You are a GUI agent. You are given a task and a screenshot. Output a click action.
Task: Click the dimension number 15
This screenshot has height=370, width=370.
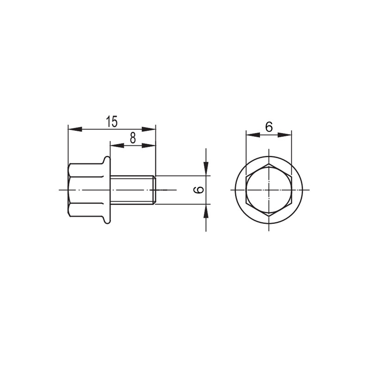tap(111, 122)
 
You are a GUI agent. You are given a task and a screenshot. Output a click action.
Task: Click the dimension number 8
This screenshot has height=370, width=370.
tap(133, 138)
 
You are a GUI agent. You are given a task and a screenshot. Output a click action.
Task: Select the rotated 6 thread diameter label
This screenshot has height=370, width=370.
tap(199, 190)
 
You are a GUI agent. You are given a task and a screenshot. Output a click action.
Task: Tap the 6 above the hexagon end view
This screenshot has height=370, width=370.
tap(269, 127)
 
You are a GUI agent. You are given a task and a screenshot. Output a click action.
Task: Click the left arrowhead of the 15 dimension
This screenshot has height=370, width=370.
tap(75, 129)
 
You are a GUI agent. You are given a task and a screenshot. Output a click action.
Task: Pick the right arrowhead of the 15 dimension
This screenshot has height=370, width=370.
tap(148, 129)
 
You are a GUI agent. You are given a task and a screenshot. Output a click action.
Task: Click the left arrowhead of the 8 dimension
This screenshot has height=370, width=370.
tap(117, 146)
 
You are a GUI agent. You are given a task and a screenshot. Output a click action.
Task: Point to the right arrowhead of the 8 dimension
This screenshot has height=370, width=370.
tap(148, 146)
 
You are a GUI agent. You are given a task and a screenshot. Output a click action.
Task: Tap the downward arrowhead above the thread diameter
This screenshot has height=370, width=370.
tap(206, 168)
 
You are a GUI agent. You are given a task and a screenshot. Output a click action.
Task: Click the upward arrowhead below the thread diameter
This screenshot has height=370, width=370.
tap(206, 211)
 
